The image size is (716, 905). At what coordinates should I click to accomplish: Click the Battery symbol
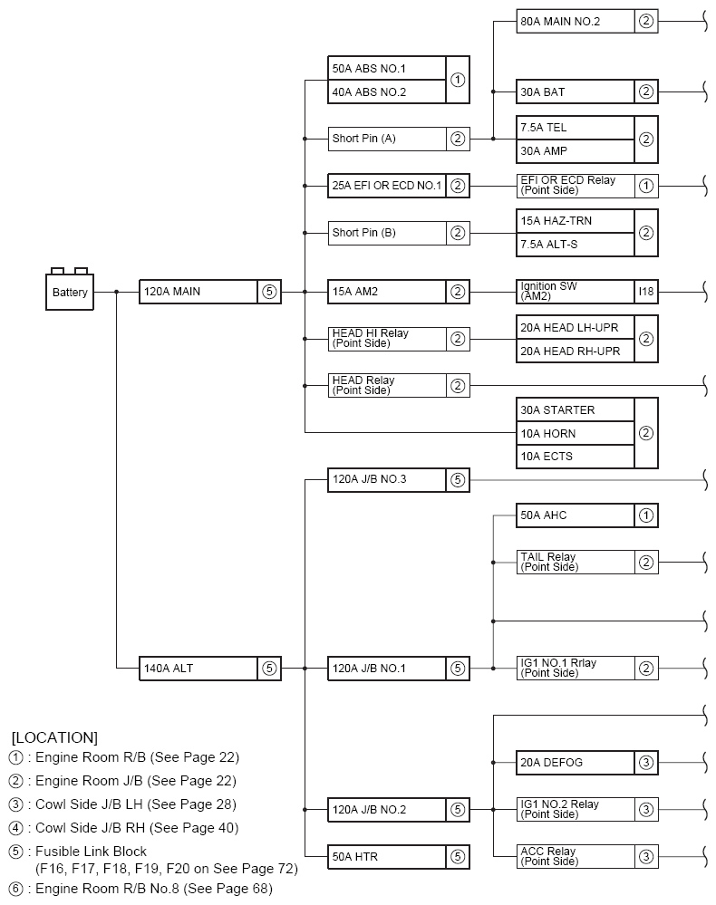70,291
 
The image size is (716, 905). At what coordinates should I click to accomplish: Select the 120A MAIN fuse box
198,292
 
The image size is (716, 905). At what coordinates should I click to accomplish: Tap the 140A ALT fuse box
198,669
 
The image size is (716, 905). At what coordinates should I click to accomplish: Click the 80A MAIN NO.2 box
575,21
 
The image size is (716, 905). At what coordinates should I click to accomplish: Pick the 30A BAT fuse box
575,91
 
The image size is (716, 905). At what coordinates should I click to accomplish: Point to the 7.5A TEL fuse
575,128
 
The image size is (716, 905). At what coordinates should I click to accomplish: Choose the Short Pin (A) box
387,139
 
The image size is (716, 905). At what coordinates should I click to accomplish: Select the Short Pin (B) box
387,233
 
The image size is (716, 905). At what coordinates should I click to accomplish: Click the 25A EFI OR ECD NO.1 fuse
387,186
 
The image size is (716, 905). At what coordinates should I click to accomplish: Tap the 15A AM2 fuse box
387,292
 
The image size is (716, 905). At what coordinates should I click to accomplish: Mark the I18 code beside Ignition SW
645,292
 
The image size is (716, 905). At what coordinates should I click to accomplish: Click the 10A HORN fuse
575,433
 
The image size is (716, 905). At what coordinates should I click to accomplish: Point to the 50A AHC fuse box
575,515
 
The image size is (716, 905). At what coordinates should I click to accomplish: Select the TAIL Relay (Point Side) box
575,562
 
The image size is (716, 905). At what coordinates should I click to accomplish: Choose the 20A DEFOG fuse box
575,763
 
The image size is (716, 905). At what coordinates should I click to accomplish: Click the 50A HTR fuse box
387,856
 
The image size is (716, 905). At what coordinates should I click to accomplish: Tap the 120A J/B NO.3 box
387,480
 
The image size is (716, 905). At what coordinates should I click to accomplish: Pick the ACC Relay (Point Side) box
575,856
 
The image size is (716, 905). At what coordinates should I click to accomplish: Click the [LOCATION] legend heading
54,737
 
